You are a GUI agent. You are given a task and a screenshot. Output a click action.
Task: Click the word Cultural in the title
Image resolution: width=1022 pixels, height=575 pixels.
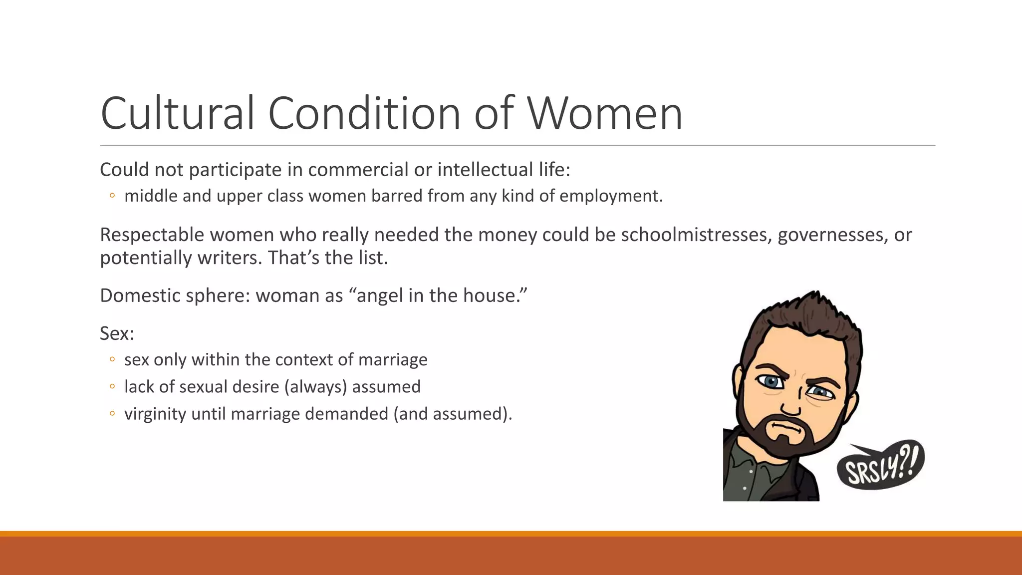click(177, 114)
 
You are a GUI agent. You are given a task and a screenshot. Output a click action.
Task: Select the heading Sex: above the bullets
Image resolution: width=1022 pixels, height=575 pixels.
click(117, 333)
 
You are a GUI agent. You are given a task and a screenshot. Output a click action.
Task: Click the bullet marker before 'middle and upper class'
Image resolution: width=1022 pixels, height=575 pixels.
click(112, 196)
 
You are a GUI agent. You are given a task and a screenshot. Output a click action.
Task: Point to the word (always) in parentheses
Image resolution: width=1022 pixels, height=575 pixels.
click(315, 387)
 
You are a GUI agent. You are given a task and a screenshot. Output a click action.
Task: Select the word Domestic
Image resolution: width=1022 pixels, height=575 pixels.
click(140, 296)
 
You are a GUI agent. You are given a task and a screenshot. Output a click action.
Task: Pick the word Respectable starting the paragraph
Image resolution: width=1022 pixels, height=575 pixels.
click(152, 235)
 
